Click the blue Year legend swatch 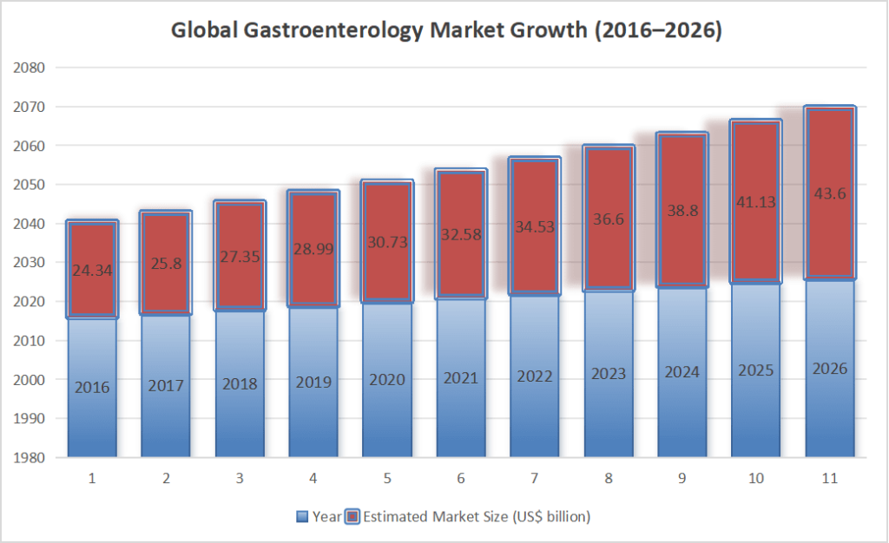(x=302, y=517)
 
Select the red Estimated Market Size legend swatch (x=352, y=517)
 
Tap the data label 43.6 (x=830, y=193)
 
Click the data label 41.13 (x=756, y=202)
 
